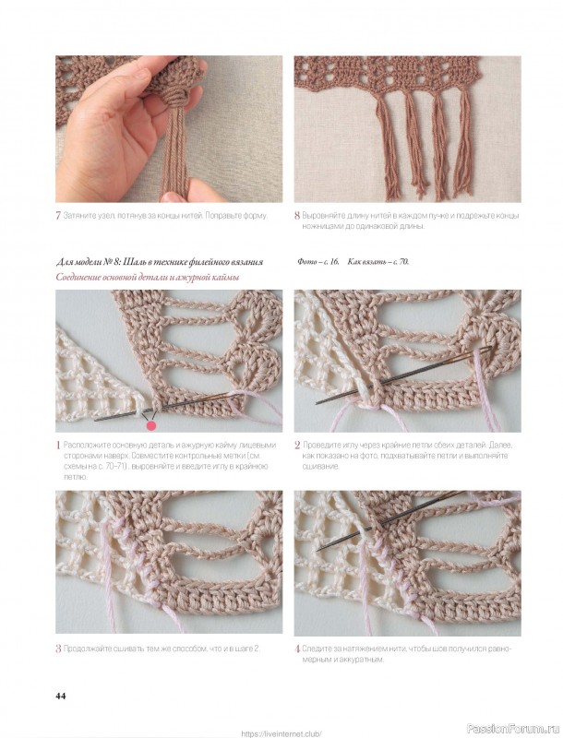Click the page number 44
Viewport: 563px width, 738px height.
point(61,696)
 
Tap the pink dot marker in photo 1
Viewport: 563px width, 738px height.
point(151,426)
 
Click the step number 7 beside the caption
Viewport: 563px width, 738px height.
point(58,216)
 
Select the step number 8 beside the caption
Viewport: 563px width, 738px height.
point(297,216)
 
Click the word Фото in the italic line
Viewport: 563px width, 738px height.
point(306,262)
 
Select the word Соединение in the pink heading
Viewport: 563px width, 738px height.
point(78,278)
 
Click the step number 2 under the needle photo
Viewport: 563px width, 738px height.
point(297,446)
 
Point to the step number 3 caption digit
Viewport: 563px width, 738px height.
point(58,649)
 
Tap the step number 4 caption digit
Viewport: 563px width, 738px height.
point(297,649)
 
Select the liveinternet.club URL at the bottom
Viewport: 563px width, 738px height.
point(281,733)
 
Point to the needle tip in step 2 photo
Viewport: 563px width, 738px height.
point(317,403)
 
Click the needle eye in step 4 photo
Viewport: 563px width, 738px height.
point(453,495)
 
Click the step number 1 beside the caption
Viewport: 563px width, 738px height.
point(58,446)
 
